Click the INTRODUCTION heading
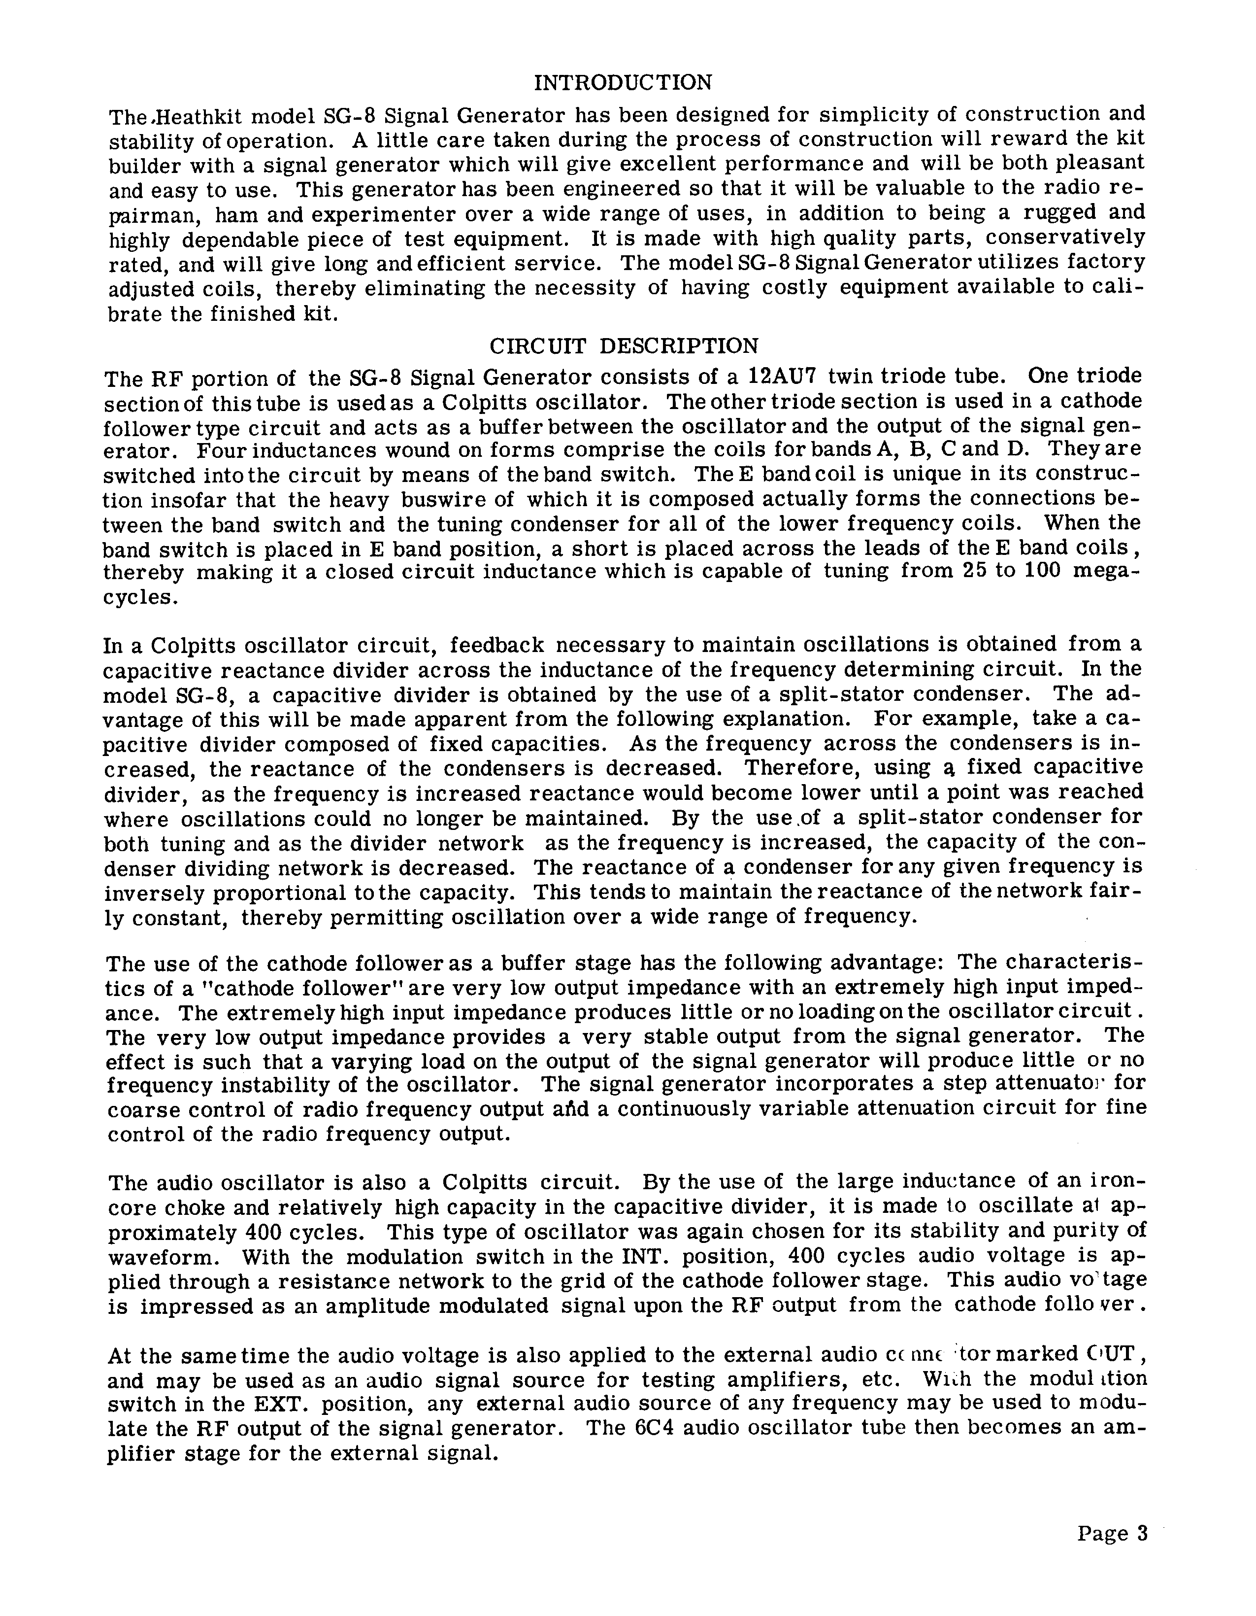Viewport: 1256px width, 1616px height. pyautogui.click(x=623, y=82)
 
